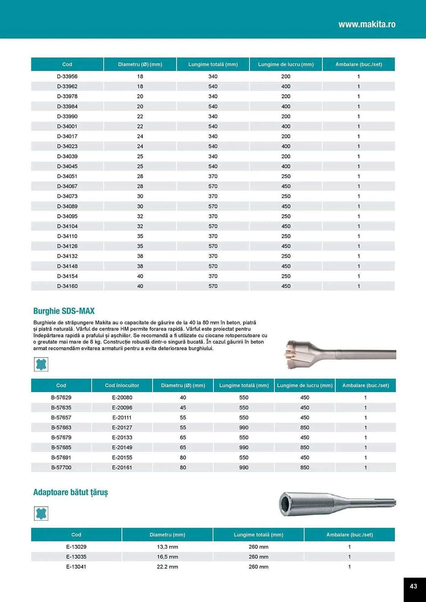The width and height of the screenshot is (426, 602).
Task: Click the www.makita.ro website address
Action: [367, 24]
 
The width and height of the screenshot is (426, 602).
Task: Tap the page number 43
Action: [413, 586]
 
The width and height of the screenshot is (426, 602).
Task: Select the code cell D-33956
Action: [67, 76]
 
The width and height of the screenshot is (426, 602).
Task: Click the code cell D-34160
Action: [67, 286]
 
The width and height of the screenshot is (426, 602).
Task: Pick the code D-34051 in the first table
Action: [67, 176]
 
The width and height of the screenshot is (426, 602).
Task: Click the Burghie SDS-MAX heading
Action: [64, 311]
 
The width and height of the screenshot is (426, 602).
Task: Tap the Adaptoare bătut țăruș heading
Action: [70, 492]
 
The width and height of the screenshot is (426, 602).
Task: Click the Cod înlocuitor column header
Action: [122, 385]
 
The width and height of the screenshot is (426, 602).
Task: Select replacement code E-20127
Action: [122, 427]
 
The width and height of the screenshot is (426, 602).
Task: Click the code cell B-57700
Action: [61, 467]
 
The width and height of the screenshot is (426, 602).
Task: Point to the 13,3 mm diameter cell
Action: [167, 547]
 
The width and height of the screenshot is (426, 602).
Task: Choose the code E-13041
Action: [76, 566]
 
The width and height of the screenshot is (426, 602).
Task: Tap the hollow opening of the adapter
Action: [285, 504]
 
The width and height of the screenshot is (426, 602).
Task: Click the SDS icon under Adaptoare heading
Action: [41, 513]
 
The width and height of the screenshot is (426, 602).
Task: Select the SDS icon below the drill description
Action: [41, 364]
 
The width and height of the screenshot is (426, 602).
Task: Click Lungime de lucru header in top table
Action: [286, 64]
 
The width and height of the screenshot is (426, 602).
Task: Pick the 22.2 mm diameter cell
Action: [167, 566]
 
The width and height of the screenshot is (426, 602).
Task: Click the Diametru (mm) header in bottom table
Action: [167, 535]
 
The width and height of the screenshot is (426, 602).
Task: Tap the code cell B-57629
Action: [61, 397]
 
